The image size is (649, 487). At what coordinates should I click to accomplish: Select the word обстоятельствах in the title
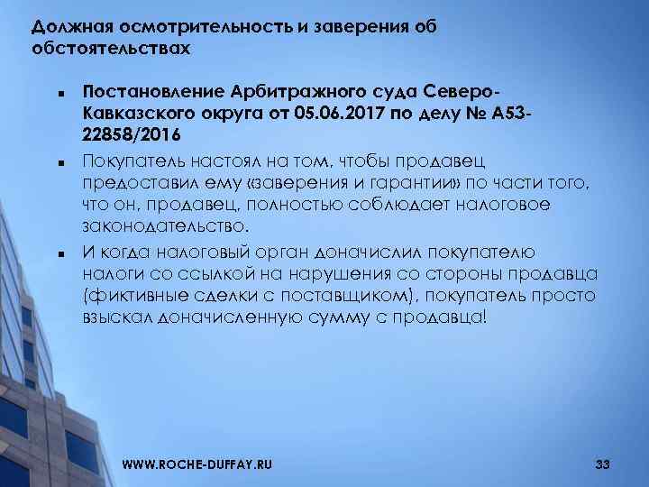(111, 47)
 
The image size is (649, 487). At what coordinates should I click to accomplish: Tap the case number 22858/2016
(131, 135)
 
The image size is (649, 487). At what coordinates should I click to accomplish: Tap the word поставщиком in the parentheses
(373, 296)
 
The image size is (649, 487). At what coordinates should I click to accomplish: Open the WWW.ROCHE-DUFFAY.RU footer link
(197, 464)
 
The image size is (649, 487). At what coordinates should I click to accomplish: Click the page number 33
(603, 464)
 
